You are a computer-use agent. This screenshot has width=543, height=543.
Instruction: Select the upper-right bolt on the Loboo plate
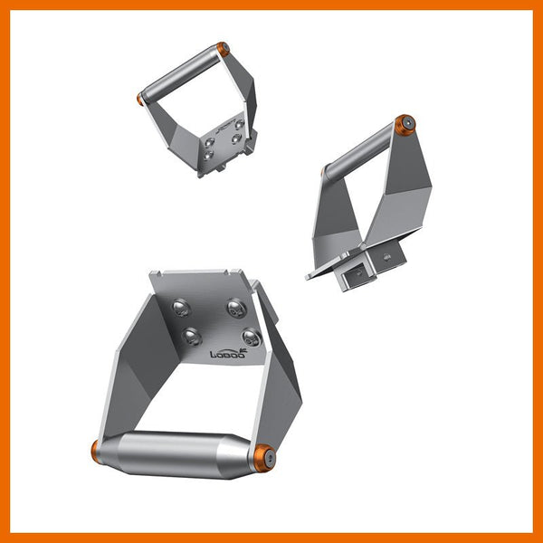point(235,308)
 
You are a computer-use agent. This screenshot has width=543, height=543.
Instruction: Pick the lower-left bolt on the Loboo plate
point(192,337)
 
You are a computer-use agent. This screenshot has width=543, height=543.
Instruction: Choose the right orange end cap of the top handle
point(222,47)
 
